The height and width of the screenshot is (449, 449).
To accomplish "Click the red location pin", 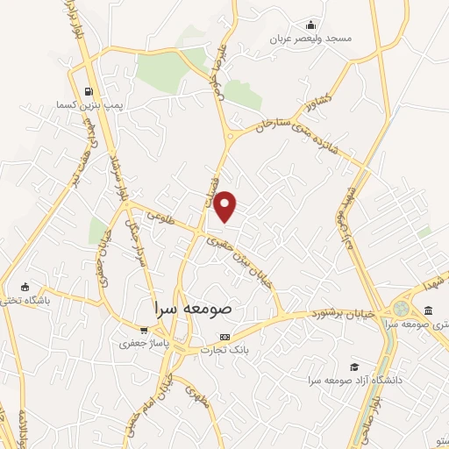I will coord(226,206).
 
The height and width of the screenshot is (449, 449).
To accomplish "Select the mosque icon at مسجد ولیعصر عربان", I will coord(309,25).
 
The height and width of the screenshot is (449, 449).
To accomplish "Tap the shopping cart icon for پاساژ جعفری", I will coord(144,330).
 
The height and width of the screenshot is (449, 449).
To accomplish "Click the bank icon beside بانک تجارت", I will coord(225,337).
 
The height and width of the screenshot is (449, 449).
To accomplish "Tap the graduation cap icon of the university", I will coord(354,367).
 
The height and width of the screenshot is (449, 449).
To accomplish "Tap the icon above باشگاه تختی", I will coord(25,287).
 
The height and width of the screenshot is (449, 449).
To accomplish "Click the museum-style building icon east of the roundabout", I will coord(427,310).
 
